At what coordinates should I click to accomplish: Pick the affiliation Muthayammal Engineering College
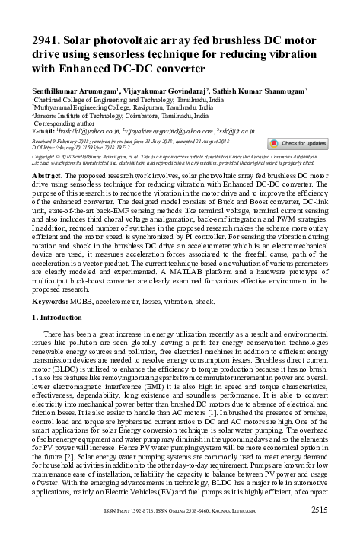pos(77,107)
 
